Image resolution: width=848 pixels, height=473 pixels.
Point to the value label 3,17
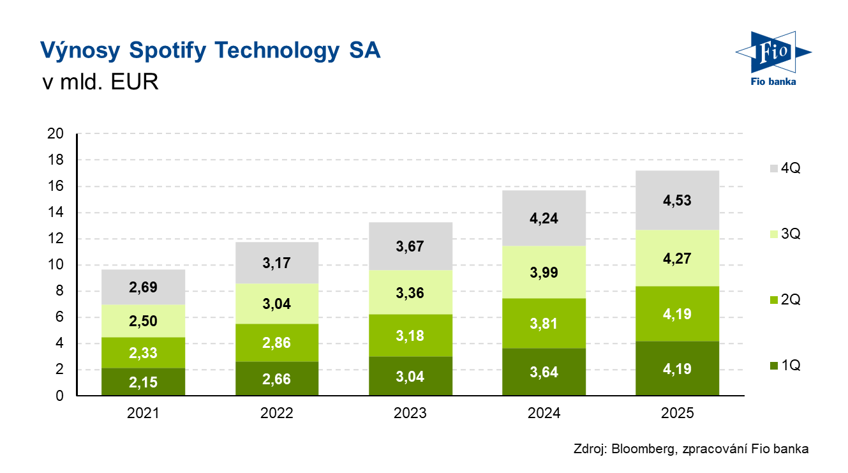(276, 262)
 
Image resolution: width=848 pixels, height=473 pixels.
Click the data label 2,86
(276, 342)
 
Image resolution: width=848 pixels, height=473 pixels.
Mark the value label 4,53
(677, 200)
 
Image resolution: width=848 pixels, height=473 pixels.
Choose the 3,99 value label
(544, 273)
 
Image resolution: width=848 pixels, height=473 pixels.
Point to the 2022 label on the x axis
(276, 413)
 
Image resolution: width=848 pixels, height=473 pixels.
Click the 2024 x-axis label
(544, 413)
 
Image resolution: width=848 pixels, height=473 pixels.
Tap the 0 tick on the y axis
(59, 396)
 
